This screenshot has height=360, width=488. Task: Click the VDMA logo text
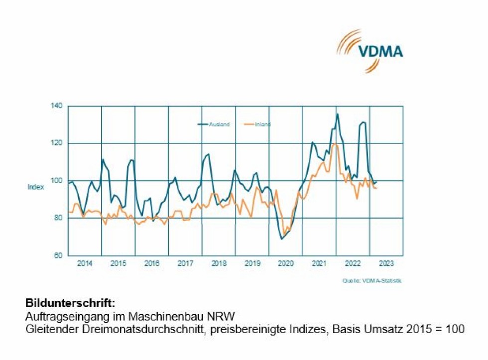point(380,51)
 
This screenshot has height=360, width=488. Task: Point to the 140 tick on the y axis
point(56,106)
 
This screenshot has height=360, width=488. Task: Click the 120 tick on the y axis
point(56,143)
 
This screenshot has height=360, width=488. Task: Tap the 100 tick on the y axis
point(56,181)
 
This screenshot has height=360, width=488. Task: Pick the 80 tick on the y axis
point(57,218)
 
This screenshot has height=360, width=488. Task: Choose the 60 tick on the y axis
point(57,255)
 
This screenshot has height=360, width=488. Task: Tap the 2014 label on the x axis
point(85,263)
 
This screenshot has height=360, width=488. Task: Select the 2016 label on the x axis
point(152,263)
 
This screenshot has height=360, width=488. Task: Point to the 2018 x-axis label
point(219,263)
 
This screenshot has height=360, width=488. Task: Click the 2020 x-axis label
point(286,263)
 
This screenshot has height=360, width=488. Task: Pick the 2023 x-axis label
point(386,263)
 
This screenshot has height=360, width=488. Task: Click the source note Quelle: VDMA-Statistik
point(371,281)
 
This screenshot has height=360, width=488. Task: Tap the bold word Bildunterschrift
point(70,302)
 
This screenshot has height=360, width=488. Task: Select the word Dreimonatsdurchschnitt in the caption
point(121,329)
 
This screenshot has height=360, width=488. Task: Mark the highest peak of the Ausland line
point(337,114)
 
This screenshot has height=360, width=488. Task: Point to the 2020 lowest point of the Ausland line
point(282,239)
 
